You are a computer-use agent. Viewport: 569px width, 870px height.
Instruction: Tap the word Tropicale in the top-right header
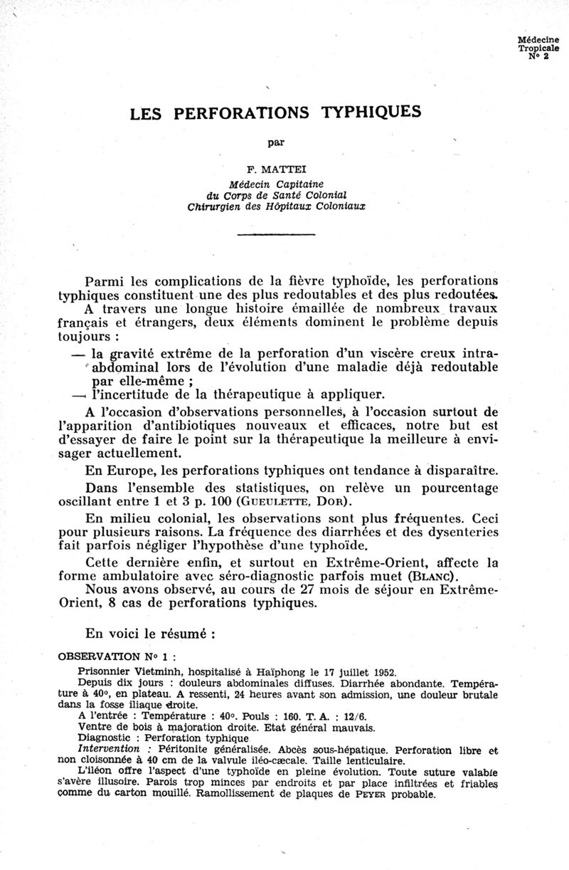(x=538, y=50)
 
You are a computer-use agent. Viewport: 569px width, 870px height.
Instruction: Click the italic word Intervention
(x=107, y=750)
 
